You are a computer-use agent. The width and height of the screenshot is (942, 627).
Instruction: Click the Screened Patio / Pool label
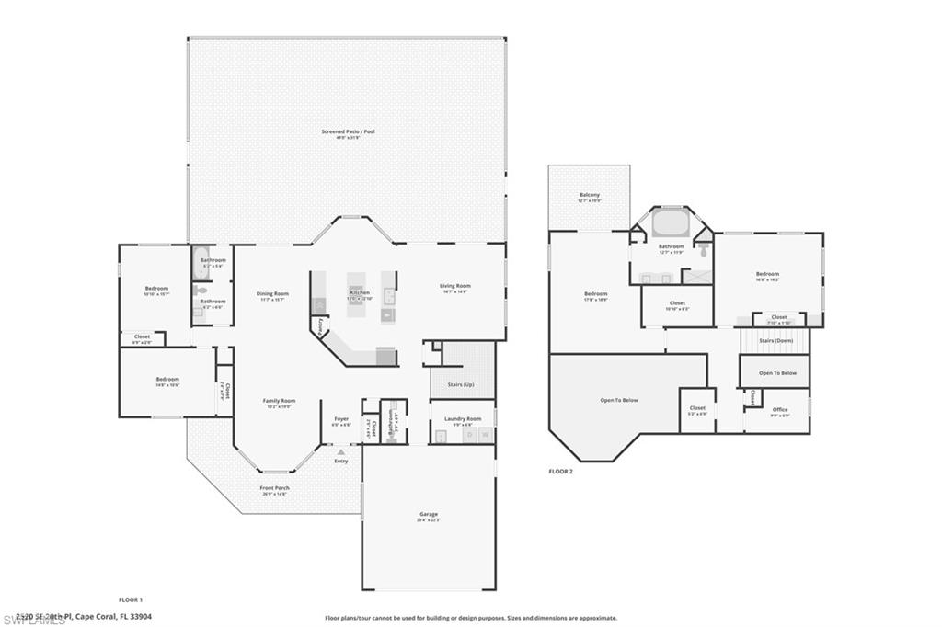click(348, 132)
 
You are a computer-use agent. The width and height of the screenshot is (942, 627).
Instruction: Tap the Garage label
click(429, 515)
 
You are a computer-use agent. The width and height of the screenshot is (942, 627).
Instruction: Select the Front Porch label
click(274, 489)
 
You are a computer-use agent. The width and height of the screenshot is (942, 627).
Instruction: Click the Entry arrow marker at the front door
click(341, 453)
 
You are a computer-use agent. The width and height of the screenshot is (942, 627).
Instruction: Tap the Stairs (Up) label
click(463, 385)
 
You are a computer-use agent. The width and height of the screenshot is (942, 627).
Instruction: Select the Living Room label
click(454, 286)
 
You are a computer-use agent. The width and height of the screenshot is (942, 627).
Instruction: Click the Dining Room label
click(272, 294)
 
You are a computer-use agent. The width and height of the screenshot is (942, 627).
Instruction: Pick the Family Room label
click(279, 402)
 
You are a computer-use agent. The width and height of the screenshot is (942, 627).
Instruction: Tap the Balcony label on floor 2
click(590, 195)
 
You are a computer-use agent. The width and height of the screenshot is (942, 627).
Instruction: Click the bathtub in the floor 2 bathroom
click(671, 223)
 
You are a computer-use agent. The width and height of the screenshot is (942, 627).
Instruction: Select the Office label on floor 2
click(779, 410)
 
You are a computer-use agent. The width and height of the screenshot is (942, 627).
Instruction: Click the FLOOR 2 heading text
click(560, 471)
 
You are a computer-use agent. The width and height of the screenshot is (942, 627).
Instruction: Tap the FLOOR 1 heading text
click(131, 599)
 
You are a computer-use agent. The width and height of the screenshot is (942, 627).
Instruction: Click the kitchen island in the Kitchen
click(359, 296)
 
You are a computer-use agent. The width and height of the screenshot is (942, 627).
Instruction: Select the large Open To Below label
click(619, 400)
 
